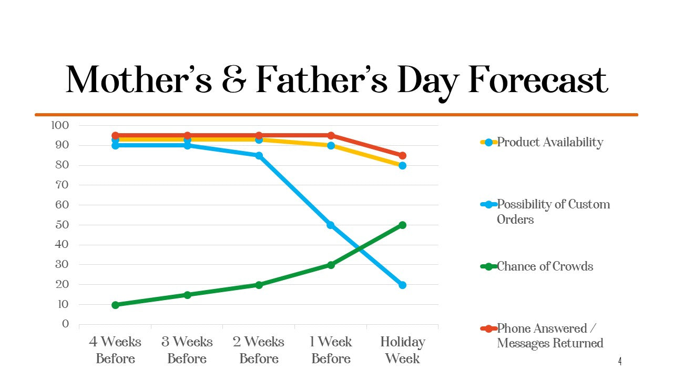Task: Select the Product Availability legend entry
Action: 549,142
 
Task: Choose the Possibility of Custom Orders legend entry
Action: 553,212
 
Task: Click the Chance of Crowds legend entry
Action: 545,266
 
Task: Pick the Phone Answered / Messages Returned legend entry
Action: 549,336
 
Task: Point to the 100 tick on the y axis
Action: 60,125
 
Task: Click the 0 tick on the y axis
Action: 66,324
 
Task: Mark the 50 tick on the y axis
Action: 63,225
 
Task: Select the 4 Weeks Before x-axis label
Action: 115,350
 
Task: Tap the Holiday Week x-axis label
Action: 402,350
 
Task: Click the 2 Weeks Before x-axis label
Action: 259,350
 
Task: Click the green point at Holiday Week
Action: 402,225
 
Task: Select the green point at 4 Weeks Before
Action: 115,305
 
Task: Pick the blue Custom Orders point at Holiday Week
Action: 402,285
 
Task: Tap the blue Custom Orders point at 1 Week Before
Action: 331,225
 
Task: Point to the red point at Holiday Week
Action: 402,155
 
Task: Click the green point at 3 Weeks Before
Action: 187,295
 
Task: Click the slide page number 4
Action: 620,362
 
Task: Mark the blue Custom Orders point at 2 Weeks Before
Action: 259,155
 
